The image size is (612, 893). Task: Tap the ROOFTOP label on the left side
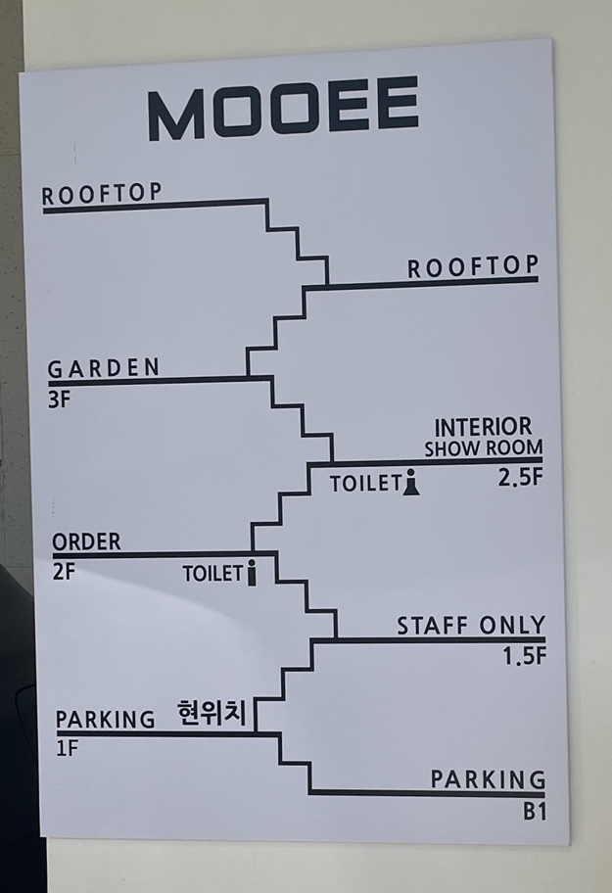click(102, 194)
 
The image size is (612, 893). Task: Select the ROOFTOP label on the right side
click(473, 266)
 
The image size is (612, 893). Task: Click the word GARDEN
click(104, 368)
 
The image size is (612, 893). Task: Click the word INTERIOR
click(484, 427)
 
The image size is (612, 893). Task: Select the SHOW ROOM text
click(483, 448)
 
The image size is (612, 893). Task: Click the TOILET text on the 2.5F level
click(365, 484)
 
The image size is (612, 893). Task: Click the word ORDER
click(86, 541)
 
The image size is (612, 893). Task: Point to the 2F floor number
click(63, 572)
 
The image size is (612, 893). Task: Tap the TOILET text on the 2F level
click(212, 574)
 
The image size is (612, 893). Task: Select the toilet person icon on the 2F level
click(252, 573)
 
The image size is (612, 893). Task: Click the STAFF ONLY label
click(471, 626)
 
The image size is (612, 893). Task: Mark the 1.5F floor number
click(524, 657)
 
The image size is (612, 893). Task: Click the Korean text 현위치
click(212, 713)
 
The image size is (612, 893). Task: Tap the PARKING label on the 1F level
click(105, 720)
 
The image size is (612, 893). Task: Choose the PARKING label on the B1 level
click(488, 779)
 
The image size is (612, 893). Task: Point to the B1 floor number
click(534, 812)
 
